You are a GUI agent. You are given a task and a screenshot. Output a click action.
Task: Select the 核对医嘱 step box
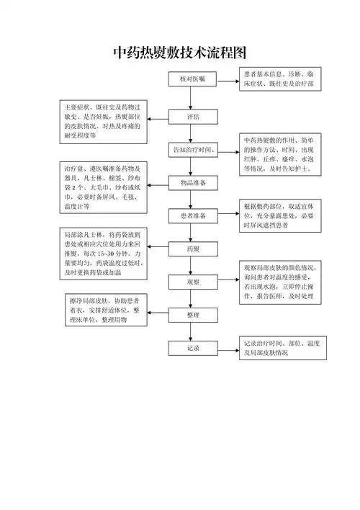(192, 79)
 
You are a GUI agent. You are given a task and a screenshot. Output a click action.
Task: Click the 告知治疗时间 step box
(192, 150)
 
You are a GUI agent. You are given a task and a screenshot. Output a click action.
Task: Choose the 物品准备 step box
(192, 184)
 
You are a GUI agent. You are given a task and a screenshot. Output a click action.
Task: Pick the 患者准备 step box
(192, 216)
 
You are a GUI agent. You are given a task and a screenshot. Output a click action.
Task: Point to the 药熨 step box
(192, 249)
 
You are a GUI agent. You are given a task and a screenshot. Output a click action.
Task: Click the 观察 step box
(192, 283)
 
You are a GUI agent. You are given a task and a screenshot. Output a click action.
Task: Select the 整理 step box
(192, 316)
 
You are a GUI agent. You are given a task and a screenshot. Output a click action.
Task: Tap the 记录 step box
(192, 349)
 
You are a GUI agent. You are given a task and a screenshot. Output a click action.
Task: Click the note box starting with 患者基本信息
(281, 79)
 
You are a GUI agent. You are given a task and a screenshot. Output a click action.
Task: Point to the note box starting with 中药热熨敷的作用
(281, 154)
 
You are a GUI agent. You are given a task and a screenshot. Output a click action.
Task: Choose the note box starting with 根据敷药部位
(281, 216)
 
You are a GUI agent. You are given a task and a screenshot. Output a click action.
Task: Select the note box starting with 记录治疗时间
(281, 349)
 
